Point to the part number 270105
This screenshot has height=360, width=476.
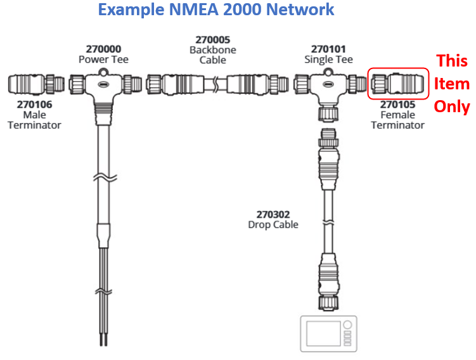click(397, 105)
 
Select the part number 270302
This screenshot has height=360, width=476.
click(273, 215)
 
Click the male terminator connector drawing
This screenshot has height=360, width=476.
click(35, 84)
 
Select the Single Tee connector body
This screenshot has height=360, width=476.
click(328, 86)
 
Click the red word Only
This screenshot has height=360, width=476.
click(451, 106)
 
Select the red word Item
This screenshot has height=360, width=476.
click(451, 84)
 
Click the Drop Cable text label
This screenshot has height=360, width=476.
click(273, 224)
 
